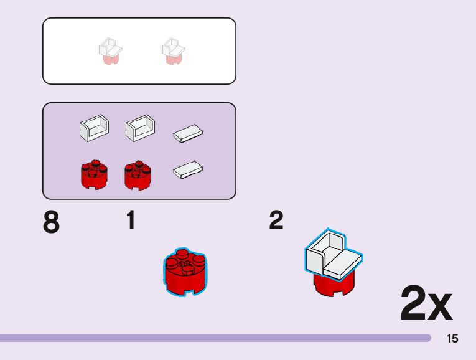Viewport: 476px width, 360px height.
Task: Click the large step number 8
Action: pos(52,223)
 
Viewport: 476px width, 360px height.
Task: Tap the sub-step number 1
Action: pos(131,220)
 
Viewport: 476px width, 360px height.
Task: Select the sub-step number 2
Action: pos(276,220)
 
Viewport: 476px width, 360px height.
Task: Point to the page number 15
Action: pos(452,338)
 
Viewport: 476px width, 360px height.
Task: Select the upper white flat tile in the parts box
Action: pos(189,132)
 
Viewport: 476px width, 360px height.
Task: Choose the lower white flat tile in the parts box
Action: pos(189,169)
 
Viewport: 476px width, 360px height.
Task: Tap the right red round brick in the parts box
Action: pos(138,175)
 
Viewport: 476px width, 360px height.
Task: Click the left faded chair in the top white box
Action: pos(110,51)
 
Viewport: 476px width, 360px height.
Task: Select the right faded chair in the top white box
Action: pos(174,51)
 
